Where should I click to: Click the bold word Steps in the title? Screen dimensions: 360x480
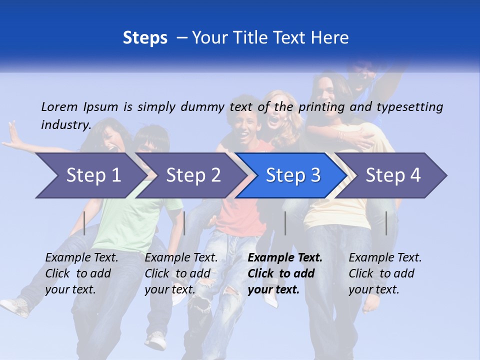coord(145,37)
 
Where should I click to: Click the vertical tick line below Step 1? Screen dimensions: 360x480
coord(84,223)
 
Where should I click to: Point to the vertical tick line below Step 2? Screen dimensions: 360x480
coord(184,223)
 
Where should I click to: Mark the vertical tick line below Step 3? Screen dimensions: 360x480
coord(285,223)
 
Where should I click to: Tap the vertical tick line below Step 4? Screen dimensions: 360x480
coord(386,223)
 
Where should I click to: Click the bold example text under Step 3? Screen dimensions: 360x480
coord(285,273)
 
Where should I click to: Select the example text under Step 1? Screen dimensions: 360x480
coord(81,273)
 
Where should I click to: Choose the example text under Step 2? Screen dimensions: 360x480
coord(181,273)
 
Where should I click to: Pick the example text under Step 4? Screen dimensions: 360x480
coord(385,273)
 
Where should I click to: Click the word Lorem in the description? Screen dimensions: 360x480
coord(59,106)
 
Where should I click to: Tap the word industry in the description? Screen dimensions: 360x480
coord(65,125)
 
